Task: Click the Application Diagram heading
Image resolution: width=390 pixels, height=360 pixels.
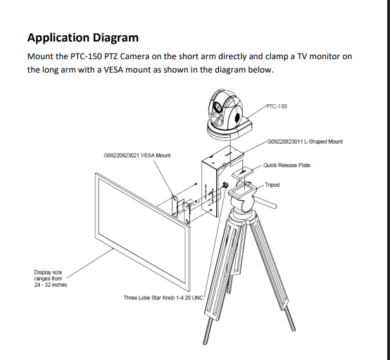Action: (x=83, y=38)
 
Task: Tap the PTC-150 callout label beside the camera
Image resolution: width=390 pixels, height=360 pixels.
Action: (x=277, y=106)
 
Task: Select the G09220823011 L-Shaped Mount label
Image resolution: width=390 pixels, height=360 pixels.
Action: (x=305, y=142)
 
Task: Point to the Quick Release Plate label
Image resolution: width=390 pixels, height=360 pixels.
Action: (x=287, y=165)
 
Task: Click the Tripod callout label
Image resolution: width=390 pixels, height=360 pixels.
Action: (x=272, y=185)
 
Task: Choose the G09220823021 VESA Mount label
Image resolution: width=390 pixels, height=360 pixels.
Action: (x=137, y=156)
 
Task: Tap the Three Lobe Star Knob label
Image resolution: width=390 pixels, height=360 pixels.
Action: (x=163, y=297)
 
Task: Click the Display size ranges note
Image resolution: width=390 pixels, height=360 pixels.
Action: (x=51, y=278)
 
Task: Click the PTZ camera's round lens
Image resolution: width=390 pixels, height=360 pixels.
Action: (x=218, y=107)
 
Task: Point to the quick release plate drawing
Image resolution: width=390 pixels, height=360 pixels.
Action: (x=242, y=173)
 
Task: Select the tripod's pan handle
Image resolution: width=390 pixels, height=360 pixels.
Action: (x=266, y=201)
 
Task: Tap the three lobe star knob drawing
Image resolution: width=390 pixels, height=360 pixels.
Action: (x=225, y=185)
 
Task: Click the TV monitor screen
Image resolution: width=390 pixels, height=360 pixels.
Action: (x=142, y=231)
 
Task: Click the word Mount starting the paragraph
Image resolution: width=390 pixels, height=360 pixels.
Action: (x=40, y=56)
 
